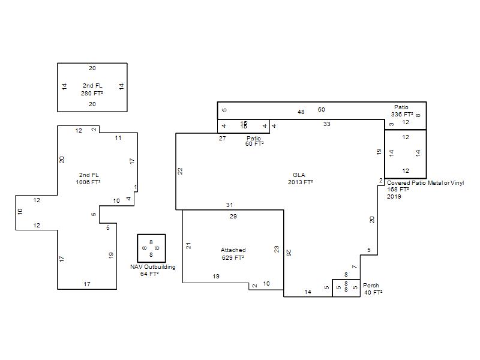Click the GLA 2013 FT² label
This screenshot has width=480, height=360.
(300, 178)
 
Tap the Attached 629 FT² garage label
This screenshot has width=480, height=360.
(233, 254)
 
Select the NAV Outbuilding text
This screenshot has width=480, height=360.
(153, 266)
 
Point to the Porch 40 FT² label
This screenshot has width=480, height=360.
(373, 289)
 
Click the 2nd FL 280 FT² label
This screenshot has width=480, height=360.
(92, 89)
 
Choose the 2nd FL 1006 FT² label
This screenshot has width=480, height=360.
(88, 178)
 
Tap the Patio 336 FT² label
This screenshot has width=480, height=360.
(401, 110)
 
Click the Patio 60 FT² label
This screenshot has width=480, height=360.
(254, 141)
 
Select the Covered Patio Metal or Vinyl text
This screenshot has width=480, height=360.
(425, 183)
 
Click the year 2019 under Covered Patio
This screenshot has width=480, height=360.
(394, 197)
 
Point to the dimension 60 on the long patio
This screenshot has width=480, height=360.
(321, 110)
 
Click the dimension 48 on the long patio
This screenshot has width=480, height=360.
(301, 112)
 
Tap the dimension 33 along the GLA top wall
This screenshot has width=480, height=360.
(326, 124)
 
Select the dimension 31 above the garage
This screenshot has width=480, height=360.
(230, 205)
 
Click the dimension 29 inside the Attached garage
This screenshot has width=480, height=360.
(233, 217)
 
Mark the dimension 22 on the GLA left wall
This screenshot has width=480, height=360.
(180, 171)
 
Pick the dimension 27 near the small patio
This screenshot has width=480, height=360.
(222, 139)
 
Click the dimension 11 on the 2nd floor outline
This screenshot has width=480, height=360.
(118, 138)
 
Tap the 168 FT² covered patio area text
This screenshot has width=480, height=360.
(398, 190)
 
